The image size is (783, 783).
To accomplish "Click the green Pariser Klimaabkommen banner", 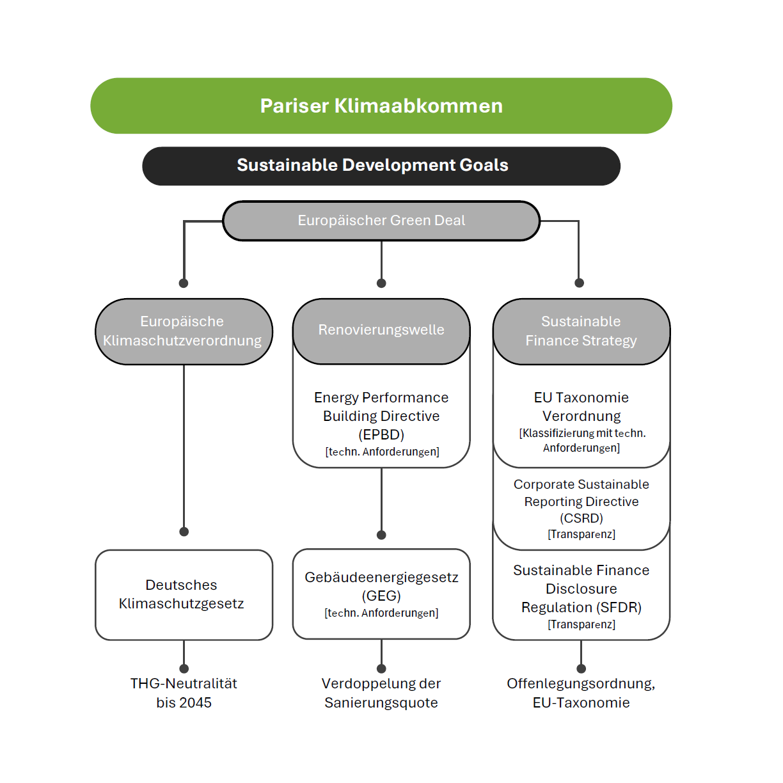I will (381, 106).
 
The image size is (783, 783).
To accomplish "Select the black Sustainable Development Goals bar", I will (381, 166).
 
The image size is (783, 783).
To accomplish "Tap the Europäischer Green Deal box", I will (381, 221).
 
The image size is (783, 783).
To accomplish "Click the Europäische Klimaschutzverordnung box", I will (184, 331).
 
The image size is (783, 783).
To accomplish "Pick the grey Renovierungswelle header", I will (381, 330).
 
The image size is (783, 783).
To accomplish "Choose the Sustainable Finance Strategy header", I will (581, 331).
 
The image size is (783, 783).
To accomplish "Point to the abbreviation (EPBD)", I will (381, 435).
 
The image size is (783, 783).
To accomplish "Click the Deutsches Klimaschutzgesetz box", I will (184, 594).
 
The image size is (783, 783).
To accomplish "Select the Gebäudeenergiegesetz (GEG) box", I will (381, 594).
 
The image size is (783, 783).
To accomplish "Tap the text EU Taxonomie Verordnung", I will (581, 407).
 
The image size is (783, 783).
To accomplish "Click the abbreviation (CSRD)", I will (581, 518).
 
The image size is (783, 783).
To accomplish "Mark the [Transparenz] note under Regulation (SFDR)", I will (581, 624).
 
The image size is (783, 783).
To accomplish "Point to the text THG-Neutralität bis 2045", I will (184, 693).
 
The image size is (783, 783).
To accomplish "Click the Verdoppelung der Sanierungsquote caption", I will (381, 693).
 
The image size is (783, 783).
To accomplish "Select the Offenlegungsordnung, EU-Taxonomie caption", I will (581, 693).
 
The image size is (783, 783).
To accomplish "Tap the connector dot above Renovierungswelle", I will (381, 283).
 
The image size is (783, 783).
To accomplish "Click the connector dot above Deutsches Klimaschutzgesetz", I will (184, 532).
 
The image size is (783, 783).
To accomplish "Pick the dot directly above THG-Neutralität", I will (184, 668).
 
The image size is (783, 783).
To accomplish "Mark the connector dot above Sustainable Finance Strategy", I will (579, 283).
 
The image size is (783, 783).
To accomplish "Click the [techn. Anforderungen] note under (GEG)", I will (381, 613).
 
